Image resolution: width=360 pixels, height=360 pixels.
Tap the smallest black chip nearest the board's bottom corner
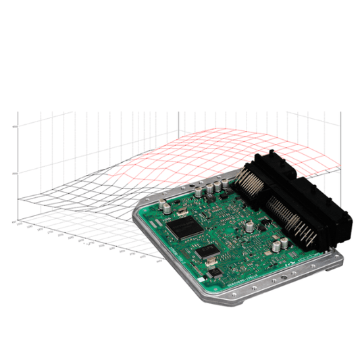[215, 274]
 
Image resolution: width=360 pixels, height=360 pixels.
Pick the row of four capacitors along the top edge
[215, 184]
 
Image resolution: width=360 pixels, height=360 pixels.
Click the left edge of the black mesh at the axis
[20, 198]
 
